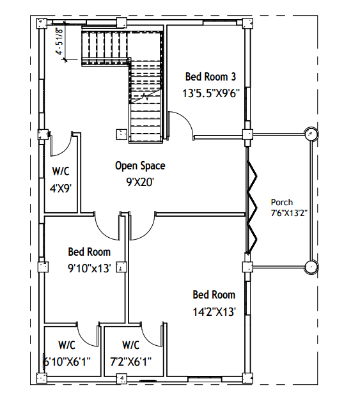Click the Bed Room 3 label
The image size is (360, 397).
point(210,77)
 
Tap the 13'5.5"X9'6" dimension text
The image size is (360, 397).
point(211,93)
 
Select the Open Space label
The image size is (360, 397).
point(140,166)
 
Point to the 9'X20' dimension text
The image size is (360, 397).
point(140,182)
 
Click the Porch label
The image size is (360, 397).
point(282,202)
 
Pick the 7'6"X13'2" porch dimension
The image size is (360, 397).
point(289,213)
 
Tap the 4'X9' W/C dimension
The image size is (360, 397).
point(60,189)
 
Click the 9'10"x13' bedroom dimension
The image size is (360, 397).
point(90,268)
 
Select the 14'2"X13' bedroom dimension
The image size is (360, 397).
point(214,312)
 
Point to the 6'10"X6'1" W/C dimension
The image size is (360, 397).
point(67,362)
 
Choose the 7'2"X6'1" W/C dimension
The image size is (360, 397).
point(130,362)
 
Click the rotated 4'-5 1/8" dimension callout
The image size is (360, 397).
point(59,41)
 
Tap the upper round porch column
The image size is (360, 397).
point(311,134)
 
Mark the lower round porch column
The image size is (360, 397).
point(311,267)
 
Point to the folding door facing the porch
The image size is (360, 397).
point(251,208)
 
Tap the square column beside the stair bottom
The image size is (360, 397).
point(121,134)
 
